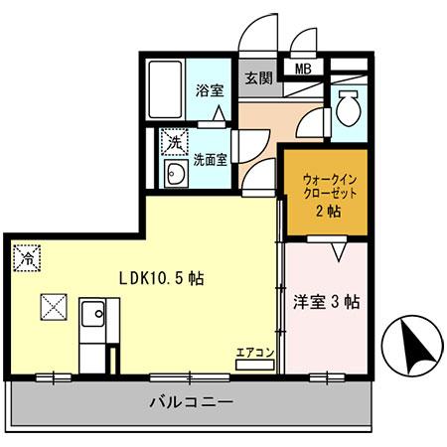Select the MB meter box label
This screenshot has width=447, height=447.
click(302, 70)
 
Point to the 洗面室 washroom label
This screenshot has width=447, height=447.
click(211, 157)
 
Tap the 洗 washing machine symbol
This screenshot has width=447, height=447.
click(174, 142)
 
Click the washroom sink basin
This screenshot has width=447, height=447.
click(175, 177)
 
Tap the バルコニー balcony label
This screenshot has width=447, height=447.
click(191, 404)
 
